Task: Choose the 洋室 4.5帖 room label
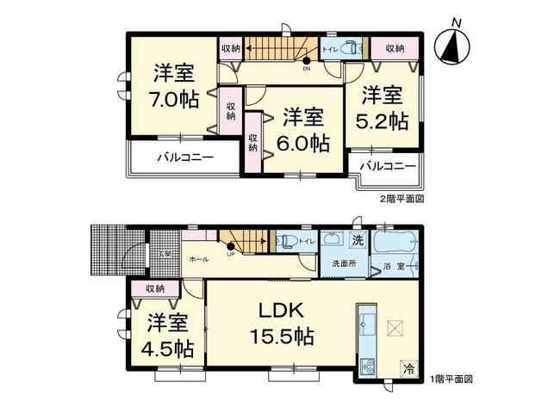click(168, 336)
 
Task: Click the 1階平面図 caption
click(451, 379)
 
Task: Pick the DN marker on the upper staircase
click(306, 68)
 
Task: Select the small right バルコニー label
click(387, 165)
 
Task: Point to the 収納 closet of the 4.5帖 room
click(155, 288)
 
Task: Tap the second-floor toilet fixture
click(348, 48)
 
